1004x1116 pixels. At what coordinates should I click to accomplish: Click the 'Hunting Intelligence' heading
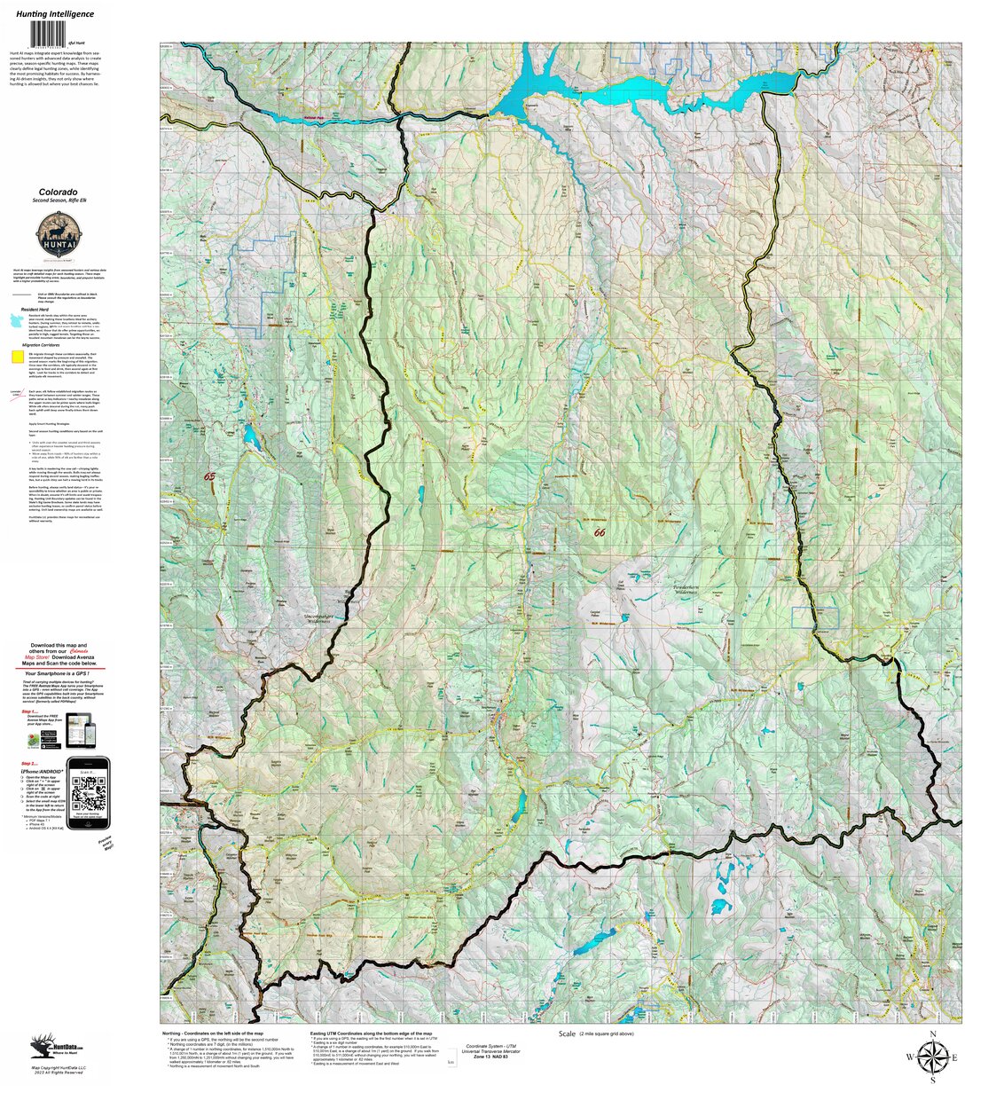click(55, 14)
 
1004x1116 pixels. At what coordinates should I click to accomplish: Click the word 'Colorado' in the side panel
click(58, 192)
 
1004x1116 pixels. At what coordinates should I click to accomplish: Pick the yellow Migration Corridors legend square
click(17, 358)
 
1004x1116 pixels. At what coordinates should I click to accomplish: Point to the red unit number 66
click(600, 532)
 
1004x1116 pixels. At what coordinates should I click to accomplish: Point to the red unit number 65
click(209, 476)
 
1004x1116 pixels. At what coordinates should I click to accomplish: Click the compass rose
click(931, 1057)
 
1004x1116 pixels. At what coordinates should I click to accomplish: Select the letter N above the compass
click(932, 1034)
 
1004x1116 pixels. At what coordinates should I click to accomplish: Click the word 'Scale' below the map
click(568, 1034)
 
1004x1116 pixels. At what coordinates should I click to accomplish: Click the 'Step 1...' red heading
click(30, 711)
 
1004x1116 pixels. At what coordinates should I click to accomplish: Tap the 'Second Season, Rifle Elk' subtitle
click(58, 201)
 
